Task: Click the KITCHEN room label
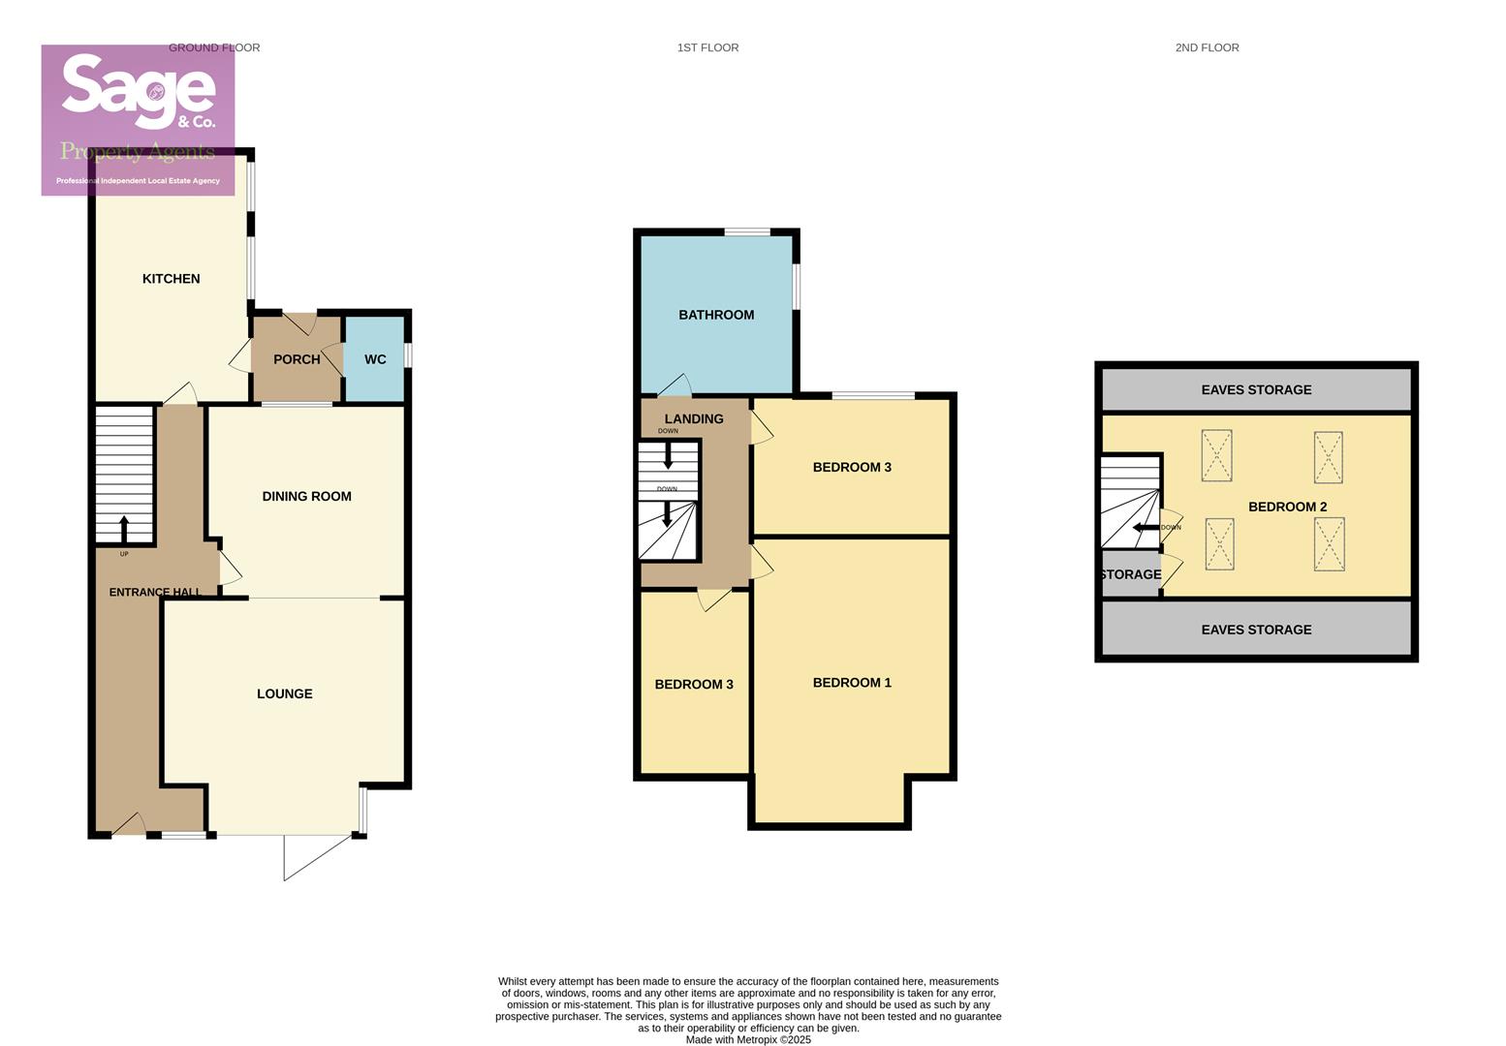coord(171,279)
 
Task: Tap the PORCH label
coord(297,359)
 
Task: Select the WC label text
coord(375,359)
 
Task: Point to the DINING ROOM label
coord(306,496)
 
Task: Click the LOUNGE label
coord(284,693)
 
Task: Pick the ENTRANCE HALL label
coord(155,592)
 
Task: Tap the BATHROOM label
coord(716,315)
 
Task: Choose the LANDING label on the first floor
coord(694,418)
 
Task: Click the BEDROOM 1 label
coord(852,683)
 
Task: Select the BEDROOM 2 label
coord(1287,507)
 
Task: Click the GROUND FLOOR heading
coord(214,47)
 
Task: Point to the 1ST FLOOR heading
coord(707,47)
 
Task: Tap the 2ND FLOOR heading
coord(1207,47)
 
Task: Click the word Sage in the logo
coord(138,88)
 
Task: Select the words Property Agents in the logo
coord(138,151)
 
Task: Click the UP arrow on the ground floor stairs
coord(124,530)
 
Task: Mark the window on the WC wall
coord(408,354)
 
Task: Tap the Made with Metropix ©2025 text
coord(748,1039)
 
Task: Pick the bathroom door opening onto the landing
coord(675,385)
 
